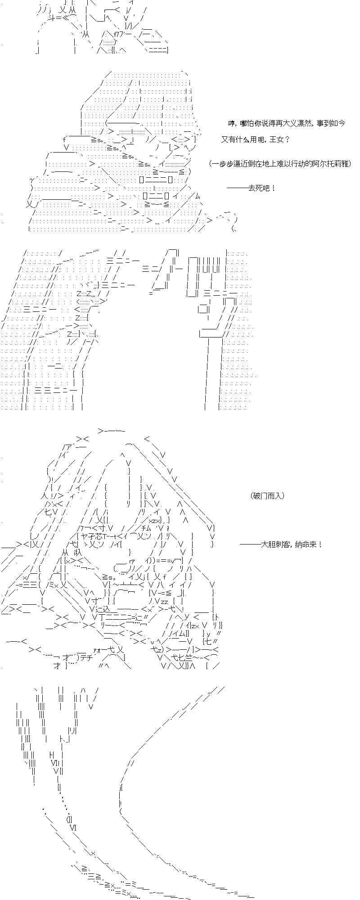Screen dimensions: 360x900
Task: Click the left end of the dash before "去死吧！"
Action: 227,188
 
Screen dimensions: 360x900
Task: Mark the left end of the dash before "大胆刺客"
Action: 240,544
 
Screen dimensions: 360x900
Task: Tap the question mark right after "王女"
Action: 288,139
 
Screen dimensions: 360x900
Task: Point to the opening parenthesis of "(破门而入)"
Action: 252,495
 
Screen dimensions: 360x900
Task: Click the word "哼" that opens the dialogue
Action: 231,123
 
